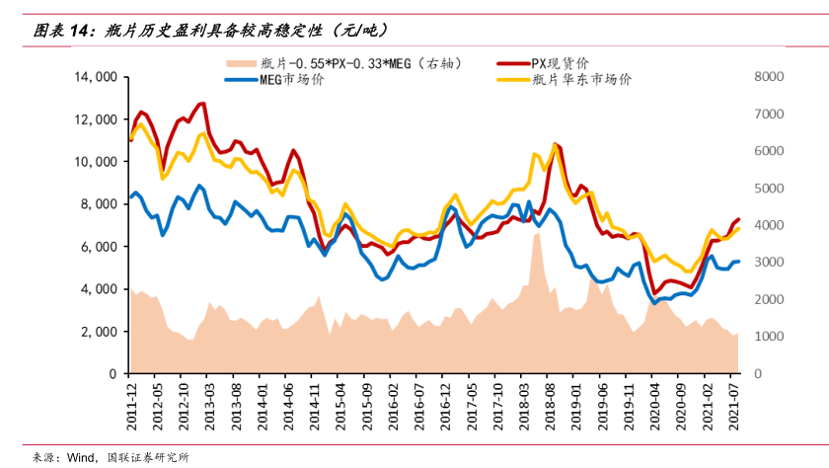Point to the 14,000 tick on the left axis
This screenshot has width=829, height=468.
pyautogui.click(x=96, y=76)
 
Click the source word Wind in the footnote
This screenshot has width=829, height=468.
pyautogui.click(x=81, y=457)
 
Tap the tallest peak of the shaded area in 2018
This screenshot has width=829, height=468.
pyautogui.click(x=537, y=234)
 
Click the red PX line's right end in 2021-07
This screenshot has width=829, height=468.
pyautogui.click(x=738, y=219)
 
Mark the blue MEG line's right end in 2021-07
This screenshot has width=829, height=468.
pyautogui.click(x=738, y=262)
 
